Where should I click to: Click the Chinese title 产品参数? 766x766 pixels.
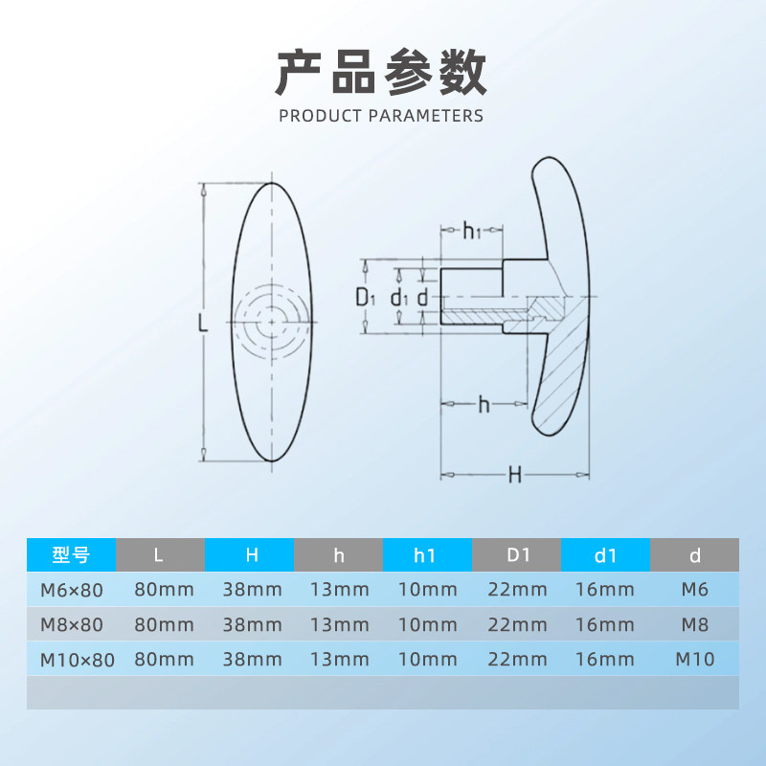click(381, 73)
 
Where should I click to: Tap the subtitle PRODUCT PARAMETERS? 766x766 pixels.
click(381, 116)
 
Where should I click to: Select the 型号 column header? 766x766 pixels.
click(71, 554)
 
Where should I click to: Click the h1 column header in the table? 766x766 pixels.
click(427, 554)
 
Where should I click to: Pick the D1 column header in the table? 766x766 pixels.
click(518, 554)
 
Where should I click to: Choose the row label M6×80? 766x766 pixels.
click(71, 590)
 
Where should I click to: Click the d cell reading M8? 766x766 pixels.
click(695, 625)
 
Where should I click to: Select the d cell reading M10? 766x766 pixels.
click(695, 660)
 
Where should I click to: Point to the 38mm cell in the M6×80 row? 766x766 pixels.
click(252, 590)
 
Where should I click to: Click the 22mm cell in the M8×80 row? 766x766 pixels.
click(518, 625)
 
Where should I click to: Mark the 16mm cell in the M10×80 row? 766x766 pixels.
click(606, 660)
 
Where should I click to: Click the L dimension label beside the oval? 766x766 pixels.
click(202, 324)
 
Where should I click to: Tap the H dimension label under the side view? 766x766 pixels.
click(515, 475)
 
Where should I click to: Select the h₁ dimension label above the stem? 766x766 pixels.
click(471, 230)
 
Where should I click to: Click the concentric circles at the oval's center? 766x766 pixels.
click(272, 323)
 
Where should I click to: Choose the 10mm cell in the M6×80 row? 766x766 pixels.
click(427, 590)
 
